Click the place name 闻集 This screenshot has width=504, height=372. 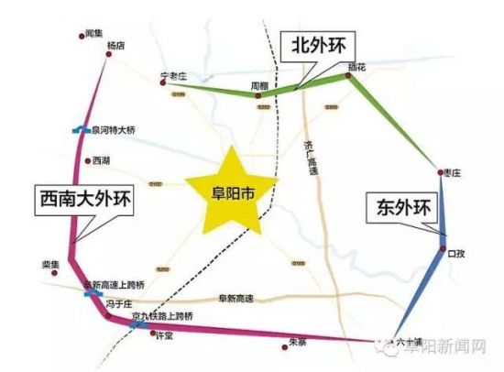click(91, 35)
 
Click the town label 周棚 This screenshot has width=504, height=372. click(260, 84)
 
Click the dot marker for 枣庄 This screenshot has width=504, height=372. click(442, 171)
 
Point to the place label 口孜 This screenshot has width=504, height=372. click(456, 252)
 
